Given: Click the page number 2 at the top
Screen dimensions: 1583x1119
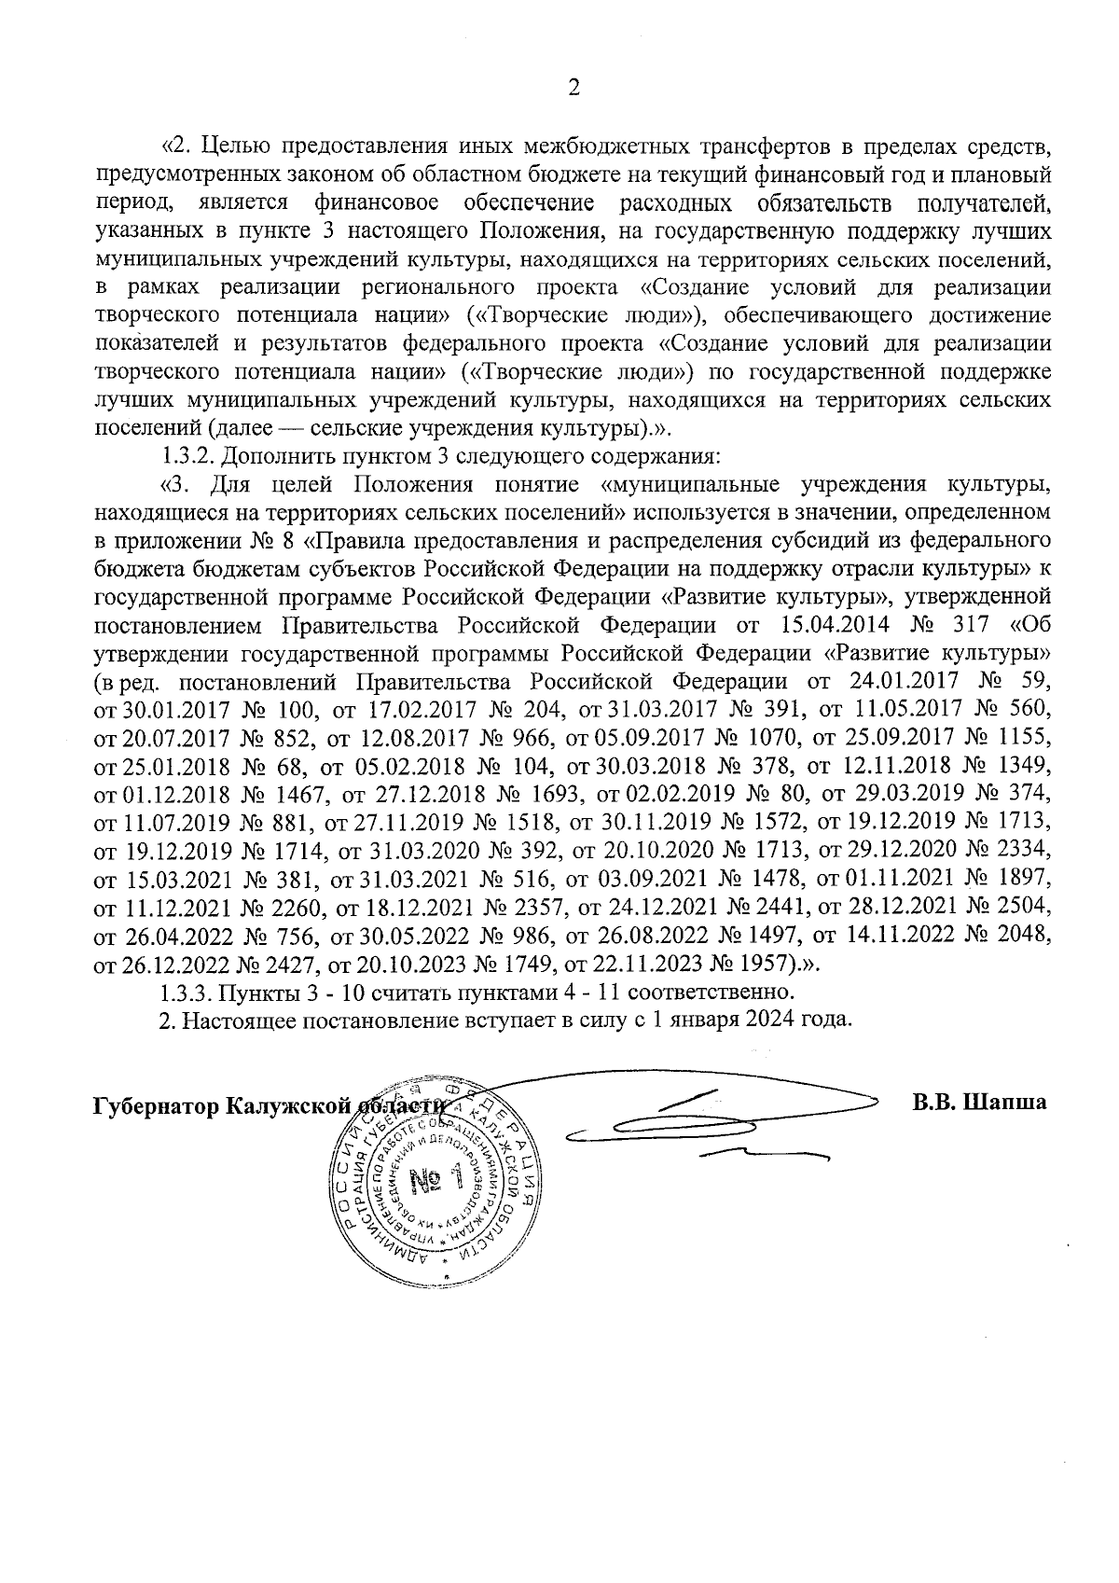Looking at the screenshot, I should pos(573,89).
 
